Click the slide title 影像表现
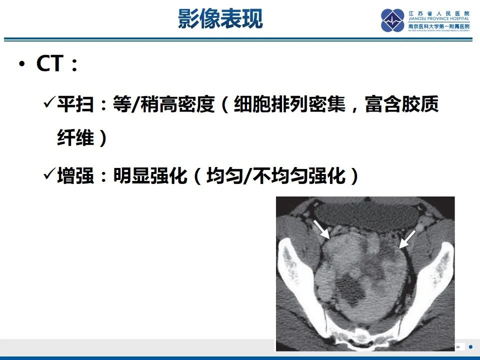point(220,18)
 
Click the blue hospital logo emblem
point(392,20)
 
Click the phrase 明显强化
point(149,176)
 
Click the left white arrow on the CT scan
point(321,229)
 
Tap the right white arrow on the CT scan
point(407,238)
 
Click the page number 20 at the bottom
point(457,346)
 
